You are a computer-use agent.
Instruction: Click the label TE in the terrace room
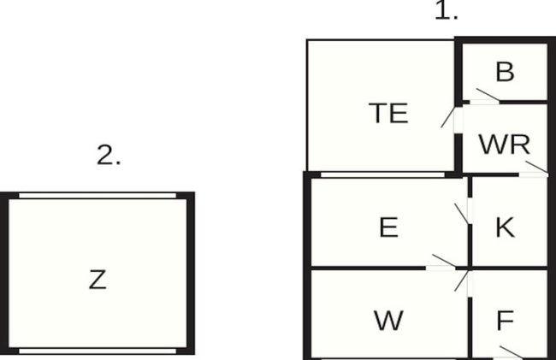pyautogui.click(x=388, y=113)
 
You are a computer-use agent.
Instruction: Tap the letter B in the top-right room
pyautogui.click(x=505, y=72)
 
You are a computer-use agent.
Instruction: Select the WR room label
pyautogui.click(x=505, y=145)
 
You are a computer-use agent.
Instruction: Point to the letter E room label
pyautogui.click(x=388, y=227)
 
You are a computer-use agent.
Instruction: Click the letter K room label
pyautogui.click(x=505, y=227)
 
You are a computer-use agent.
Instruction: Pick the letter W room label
pyautogui.click(x=388, y=321)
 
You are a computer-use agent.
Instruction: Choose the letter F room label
pyautogui.click(x=506, y=321)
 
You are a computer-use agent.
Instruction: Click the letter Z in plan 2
pyautogui.click(x=98, y=280)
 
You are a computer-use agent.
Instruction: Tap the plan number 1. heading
pyautogui.click(x=446, y=10)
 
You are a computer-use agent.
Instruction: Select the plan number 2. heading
pyautogui.click(x=109, y=155)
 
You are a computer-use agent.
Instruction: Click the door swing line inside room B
pyautogui.click(x=488, y=94)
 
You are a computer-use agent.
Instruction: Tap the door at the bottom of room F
pyautogui.click(x=511, y=352)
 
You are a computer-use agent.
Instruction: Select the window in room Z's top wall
pyautogui.click(x=98, y=196)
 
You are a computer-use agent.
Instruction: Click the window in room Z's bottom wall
pyautogui.click(x=98, y=351)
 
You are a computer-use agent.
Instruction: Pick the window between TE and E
pyautogui.click(x=382, y=174)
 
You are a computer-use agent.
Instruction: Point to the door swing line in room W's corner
pyautogui.click(x=462, y=280)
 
